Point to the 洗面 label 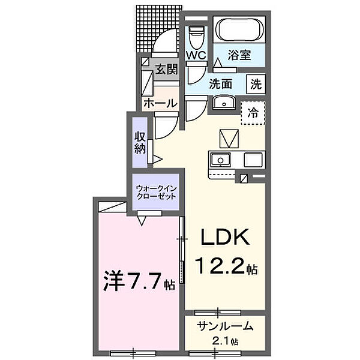coord(220,84)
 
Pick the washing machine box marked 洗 coord(256,85)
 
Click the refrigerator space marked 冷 coord(253,112)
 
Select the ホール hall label coord(160,103)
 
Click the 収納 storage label coord(140,142)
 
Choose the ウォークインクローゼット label coord(156,191)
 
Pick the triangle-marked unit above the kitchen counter coord(229,139)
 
